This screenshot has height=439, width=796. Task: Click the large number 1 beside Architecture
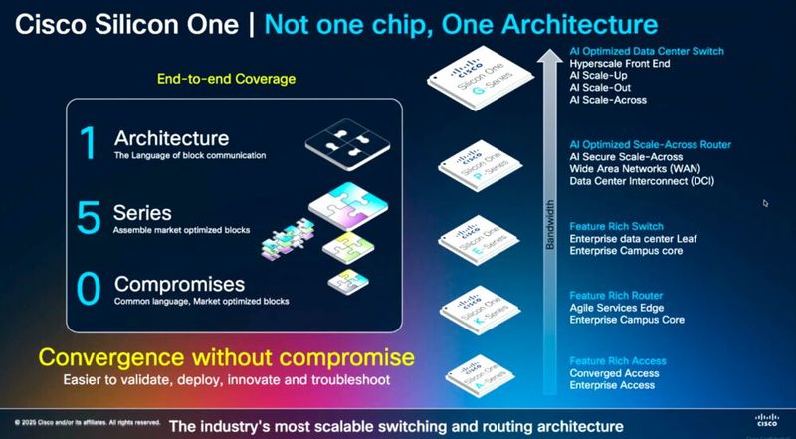click(x=88, y=142)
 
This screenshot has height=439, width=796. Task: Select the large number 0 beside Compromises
click(x=89, y=289)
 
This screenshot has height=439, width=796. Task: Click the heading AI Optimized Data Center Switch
click(x=647, y=51)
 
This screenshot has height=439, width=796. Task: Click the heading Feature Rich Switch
click(x=616, y=227)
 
